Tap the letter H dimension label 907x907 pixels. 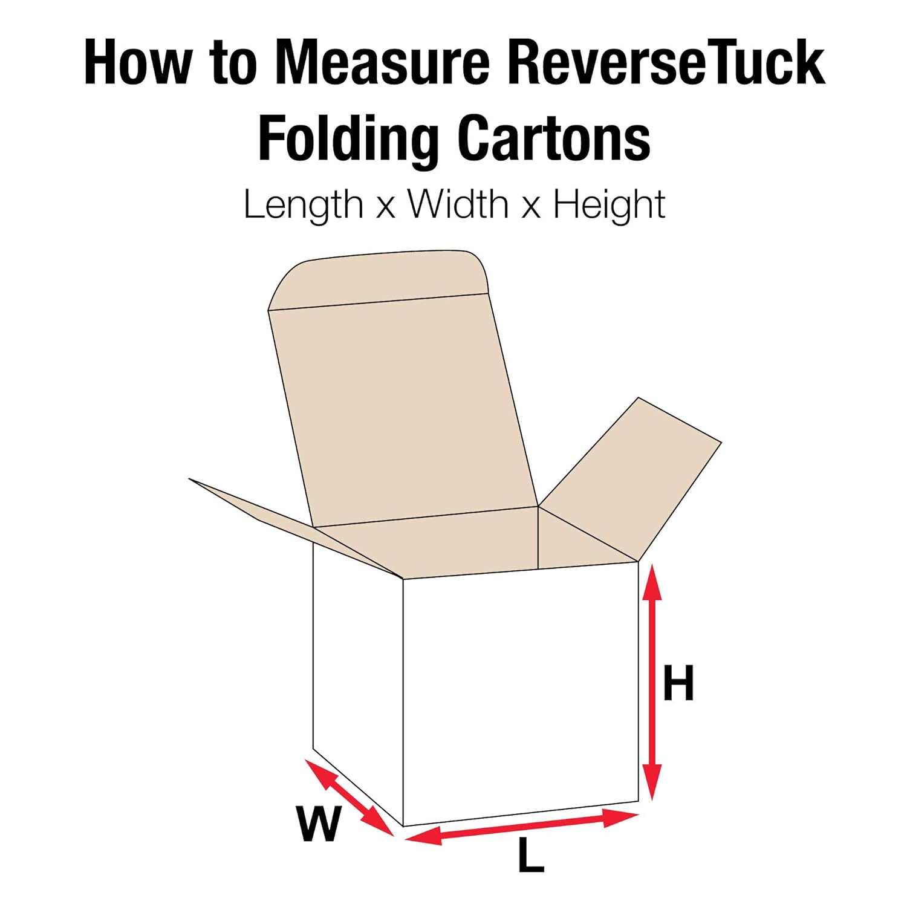pyautogui.click(x=678, y=683)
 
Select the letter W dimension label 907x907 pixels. pyautogui.click(x=319, y=824)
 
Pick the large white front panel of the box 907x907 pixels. pyautogui.click(x=520, y=695)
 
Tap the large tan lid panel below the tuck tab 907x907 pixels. pyautogui.click(x=402, y=411)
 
